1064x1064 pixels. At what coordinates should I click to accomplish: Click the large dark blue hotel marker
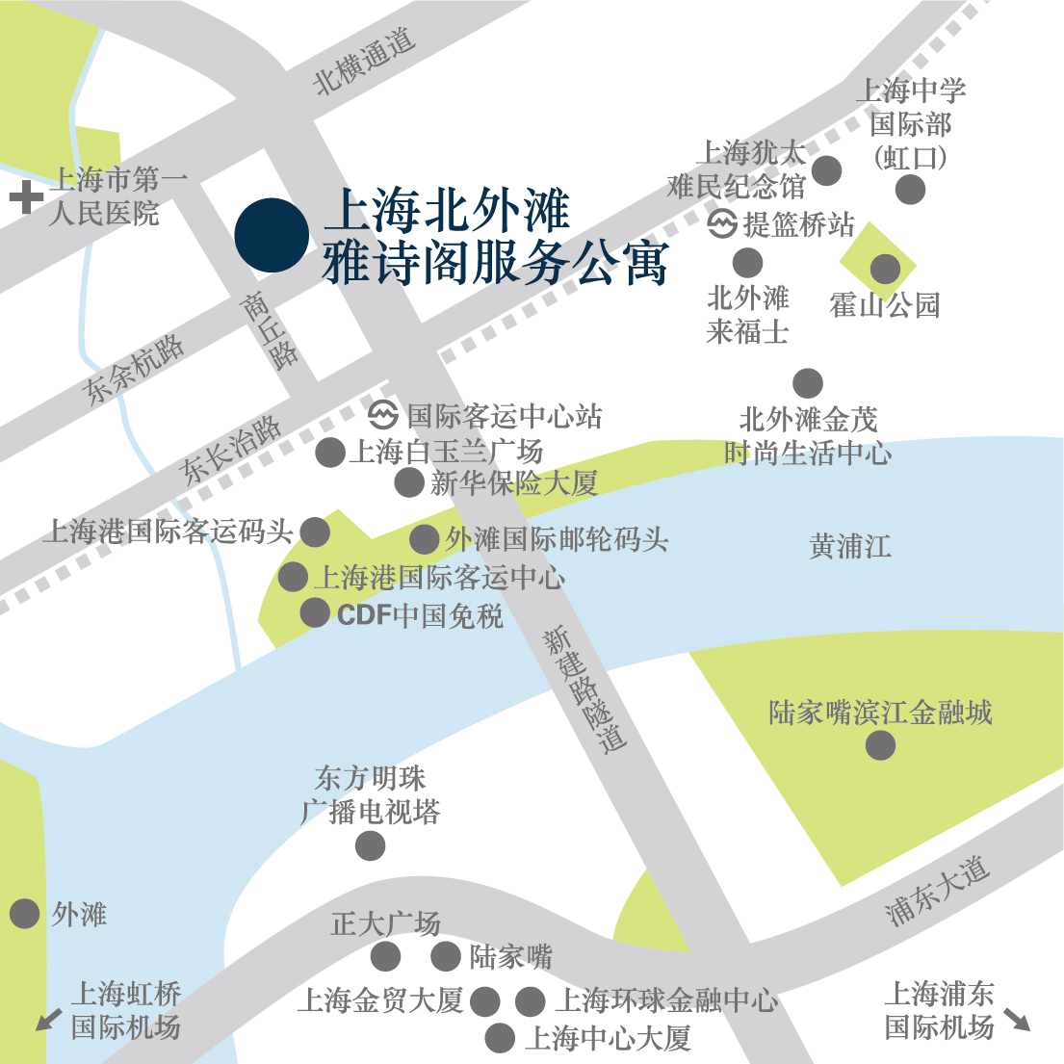tap(272, 235)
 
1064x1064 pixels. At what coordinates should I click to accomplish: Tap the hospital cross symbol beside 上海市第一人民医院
tap(25, 198)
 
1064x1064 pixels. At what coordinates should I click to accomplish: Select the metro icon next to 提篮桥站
tap(722, 224)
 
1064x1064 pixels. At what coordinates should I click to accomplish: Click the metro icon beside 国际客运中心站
tap(383, 415)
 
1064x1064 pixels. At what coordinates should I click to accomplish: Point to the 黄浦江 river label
tap(849, 546)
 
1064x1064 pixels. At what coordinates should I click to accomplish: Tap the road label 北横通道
tap(365, 60)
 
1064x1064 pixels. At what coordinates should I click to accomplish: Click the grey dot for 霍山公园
tap(885, 269)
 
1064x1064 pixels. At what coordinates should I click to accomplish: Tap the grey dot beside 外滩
tap(24, 914)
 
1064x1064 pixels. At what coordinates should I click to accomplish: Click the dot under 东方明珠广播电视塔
tap(370, 846)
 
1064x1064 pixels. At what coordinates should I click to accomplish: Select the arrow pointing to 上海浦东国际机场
tap(1017, 1020)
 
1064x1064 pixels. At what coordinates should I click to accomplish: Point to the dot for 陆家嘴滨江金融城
tap(880, 744)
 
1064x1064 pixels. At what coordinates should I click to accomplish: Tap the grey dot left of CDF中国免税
tap(315, 612)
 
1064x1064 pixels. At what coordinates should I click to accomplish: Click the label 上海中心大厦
tap(608, 1038)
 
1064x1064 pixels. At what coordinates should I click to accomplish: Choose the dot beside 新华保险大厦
tap(409, 482)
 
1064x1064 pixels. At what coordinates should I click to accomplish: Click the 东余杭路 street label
tap(135, 369)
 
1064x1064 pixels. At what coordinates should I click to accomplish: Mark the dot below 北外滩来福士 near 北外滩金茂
tap(808, 383)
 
